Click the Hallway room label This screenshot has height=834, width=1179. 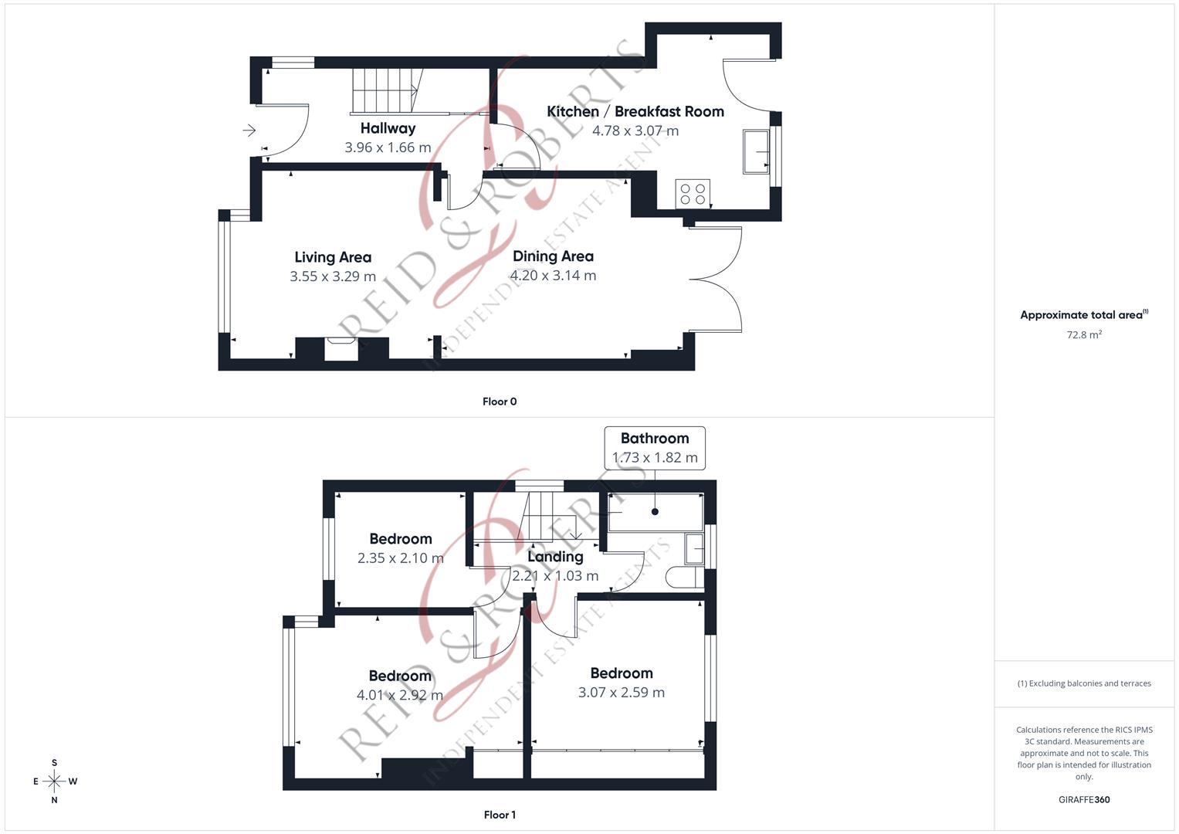coord(388,128)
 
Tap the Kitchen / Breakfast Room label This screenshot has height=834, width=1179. coord(635,111)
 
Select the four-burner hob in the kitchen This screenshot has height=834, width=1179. coord(692,194)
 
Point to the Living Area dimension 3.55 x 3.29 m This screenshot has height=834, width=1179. coord(333,276)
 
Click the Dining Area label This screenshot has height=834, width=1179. coord(553,256)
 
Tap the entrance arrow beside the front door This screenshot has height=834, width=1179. coord(249,131)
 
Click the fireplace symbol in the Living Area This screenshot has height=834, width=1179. coord(341,348)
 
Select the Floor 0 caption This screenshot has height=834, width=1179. coord(500,402)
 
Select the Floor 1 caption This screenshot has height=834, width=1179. coord(500,815)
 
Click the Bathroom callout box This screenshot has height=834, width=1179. coord(655,448)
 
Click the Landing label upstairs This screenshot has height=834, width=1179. coord(555,557)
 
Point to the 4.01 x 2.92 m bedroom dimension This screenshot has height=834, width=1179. coord(399,695)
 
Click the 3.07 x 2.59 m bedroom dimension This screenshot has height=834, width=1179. coord(621,693)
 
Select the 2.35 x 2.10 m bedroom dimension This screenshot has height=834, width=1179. coord(400,558)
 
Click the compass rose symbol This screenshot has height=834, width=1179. coord(54,781)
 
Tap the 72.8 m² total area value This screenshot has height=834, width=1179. coord(1084,335)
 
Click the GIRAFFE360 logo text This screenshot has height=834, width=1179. coord(1084,800)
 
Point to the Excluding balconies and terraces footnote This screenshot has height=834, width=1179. coord(1084,683)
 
